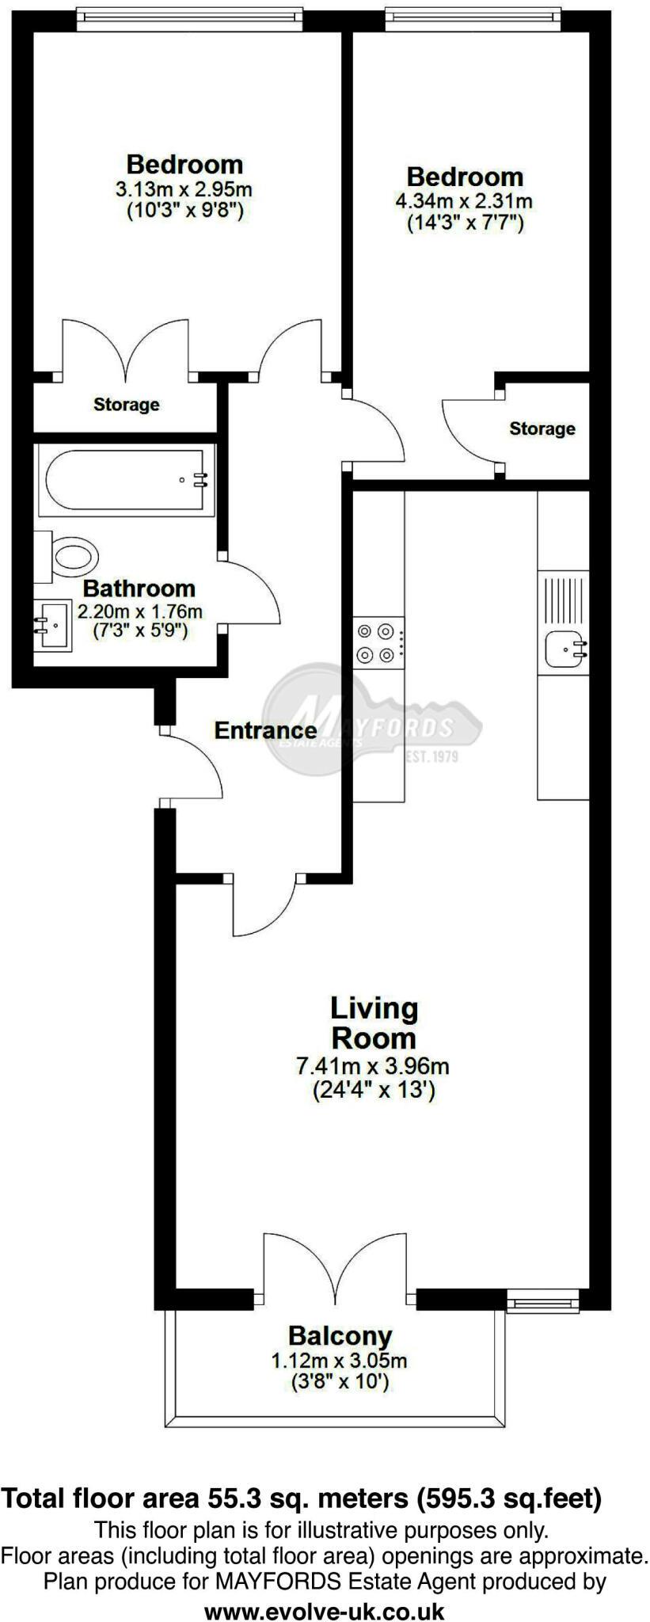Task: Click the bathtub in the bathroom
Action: tap(127, 479)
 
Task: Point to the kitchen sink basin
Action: tap(564, 648)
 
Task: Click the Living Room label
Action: tap(374, 1022)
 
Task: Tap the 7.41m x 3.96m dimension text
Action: tap(373, 1065)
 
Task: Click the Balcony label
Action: tap(340, 1336)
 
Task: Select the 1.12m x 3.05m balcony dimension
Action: tap(340, 1361)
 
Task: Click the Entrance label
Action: tap(265, 730)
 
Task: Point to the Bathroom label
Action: tap(139, 588)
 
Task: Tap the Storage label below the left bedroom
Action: tap(126, 405)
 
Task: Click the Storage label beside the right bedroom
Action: tap(542, 428)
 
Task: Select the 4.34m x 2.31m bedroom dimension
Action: tap(464, 200)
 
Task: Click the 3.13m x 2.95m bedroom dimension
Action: tap(184, 189)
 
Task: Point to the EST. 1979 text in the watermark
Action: tap(431, 756)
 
